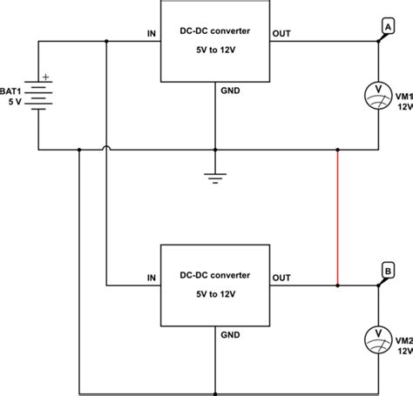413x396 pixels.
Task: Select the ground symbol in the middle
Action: [213, 178]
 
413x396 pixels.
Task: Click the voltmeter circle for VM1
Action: [377, 93]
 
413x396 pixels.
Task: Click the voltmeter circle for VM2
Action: [377, 333]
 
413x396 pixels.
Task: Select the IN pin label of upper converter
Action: [151, 36]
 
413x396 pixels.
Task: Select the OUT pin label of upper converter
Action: [282, 36]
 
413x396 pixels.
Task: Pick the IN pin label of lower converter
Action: [151, 278]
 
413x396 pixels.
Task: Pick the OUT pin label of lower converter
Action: [282, 278]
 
